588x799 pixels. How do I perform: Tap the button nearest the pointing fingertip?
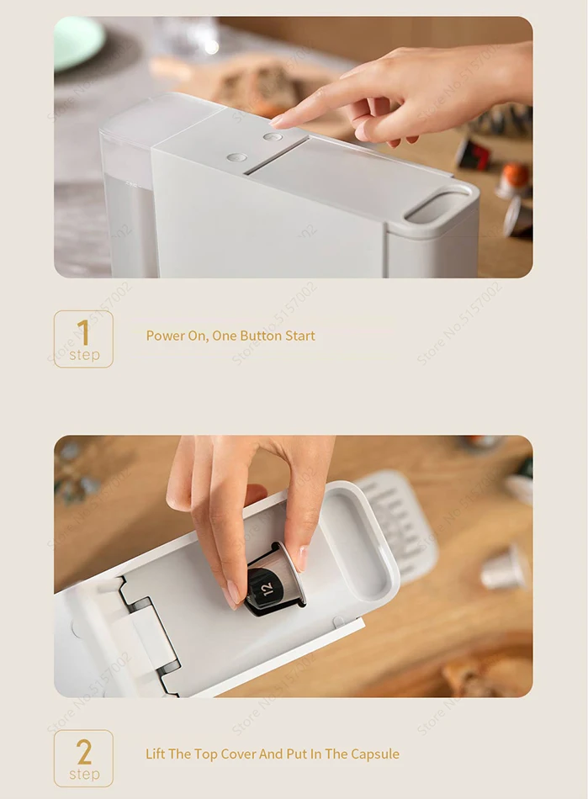[272, 136]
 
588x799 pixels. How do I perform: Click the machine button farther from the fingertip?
[237, 156]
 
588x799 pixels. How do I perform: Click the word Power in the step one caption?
[165, 336]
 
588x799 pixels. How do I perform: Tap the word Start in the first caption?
[300, 336]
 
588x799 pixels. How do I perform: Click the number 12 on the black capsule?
[266, 589]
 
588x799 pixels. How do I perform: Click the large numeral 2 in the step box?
[83, 750]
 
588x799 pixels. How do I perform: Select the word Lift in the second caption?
[156, 754]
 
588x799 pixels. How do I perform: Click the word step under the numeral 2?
[84, 774]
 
